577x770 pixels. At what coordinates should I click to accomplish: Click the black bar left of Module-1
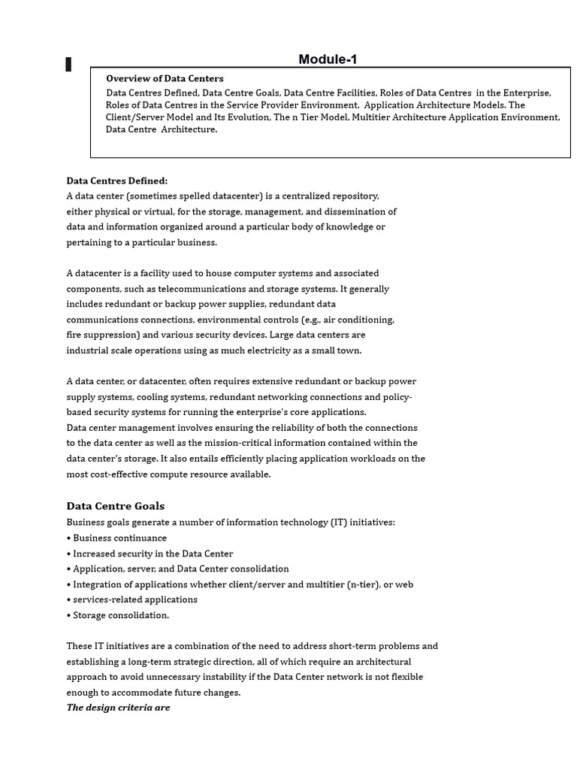click(69, 65)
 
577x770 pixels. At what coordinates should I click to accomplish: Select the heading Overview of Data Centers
click(165, 78)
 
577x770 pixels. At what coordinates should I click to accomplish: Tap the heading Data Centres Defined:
click(117, 180)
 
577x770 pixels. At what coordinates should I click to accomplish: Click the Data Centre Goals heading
click(115, 506)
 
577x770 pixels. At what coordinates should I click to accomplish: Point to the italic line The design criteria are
click(118, 708)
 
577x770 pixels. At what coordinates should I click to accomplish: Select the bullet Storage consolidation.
click(120, 615)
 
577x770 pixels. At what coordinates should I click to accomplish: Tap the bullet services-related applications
click(135, 599)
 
